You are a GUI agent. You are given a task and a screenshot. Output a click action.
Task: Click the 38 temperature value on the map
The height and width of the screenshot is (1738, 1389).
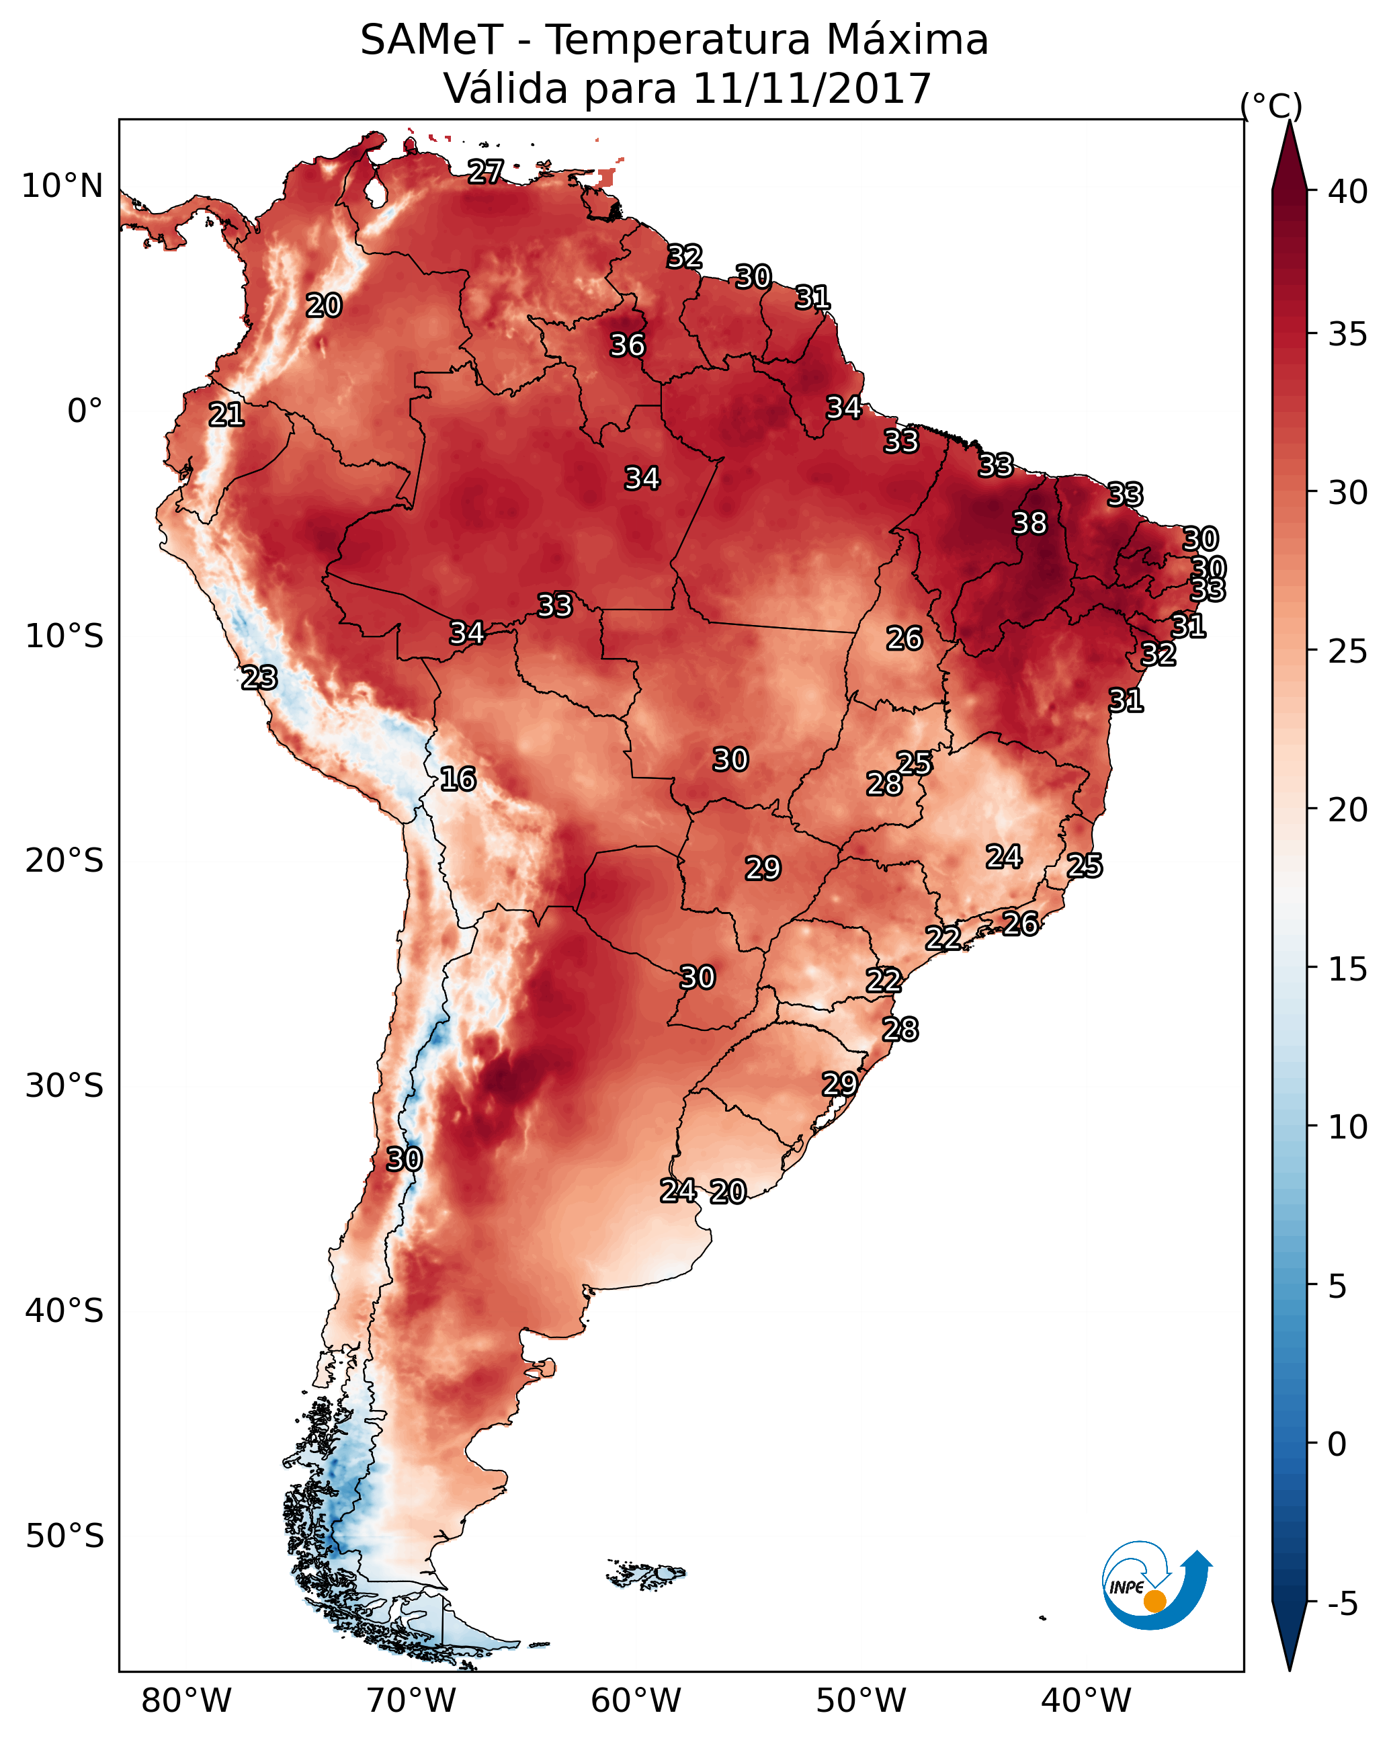[x=1029, y=523]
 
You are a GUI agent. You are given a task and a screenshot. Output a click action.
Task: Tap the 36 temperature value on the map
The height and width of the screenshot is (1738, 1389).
[x=627, y=345]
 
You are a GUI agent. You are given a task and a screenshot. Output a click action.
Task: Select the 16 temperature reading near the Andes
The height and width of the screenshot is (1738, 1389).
[x=458, y=779]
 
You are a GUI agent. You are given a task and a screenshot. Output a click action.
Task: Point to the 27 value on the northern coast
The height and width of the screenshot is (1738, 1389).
[x=486, y=171]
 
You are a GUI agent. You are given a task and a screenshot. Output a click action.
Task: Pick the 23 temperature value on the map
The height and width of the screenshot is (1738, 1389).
[x=259, y=677]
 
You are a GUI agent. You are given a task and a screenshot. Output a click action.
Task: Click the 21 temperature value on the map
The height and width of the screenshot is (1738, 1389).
[x=226, y=415]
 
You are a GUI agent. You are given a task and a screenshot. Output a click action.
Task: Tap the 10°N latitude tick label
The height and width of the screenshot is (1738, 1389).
[x=62, y=186]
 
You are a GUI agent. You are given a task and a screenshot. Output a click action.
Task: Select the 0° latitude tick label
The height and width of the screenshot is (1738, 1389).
[x=85, y=411]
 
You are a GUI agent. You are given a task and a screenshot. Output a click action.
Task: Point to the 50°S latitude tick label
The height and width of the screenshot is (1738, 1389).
[x=65, y=1536]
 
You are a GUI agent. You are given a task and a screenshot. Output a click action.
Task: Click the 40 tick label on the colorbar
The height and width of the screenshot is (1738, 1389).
[x=1348, y=192]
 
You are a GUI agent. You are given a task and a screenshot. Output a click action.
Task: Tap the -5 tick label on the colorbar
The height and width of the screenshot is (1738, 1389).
[x=1342, y=1604]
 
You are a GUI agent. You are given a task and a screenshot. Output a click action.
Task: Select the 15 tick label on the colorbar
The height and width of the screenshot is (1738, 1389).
[x=1348, y=970]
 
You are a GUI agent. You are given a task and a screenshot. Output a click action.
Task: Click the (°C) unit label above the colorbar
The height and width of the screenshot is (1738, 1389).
[x=1271, y=106]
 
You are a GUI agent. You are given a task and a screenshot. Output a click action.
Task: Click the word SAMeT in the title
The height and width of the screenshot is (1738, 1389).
[x=431, y=40]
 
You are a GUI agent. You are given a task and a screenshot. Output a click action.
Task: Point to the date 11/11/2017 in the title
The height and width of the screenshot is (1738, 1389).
[x=811, y=89]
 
